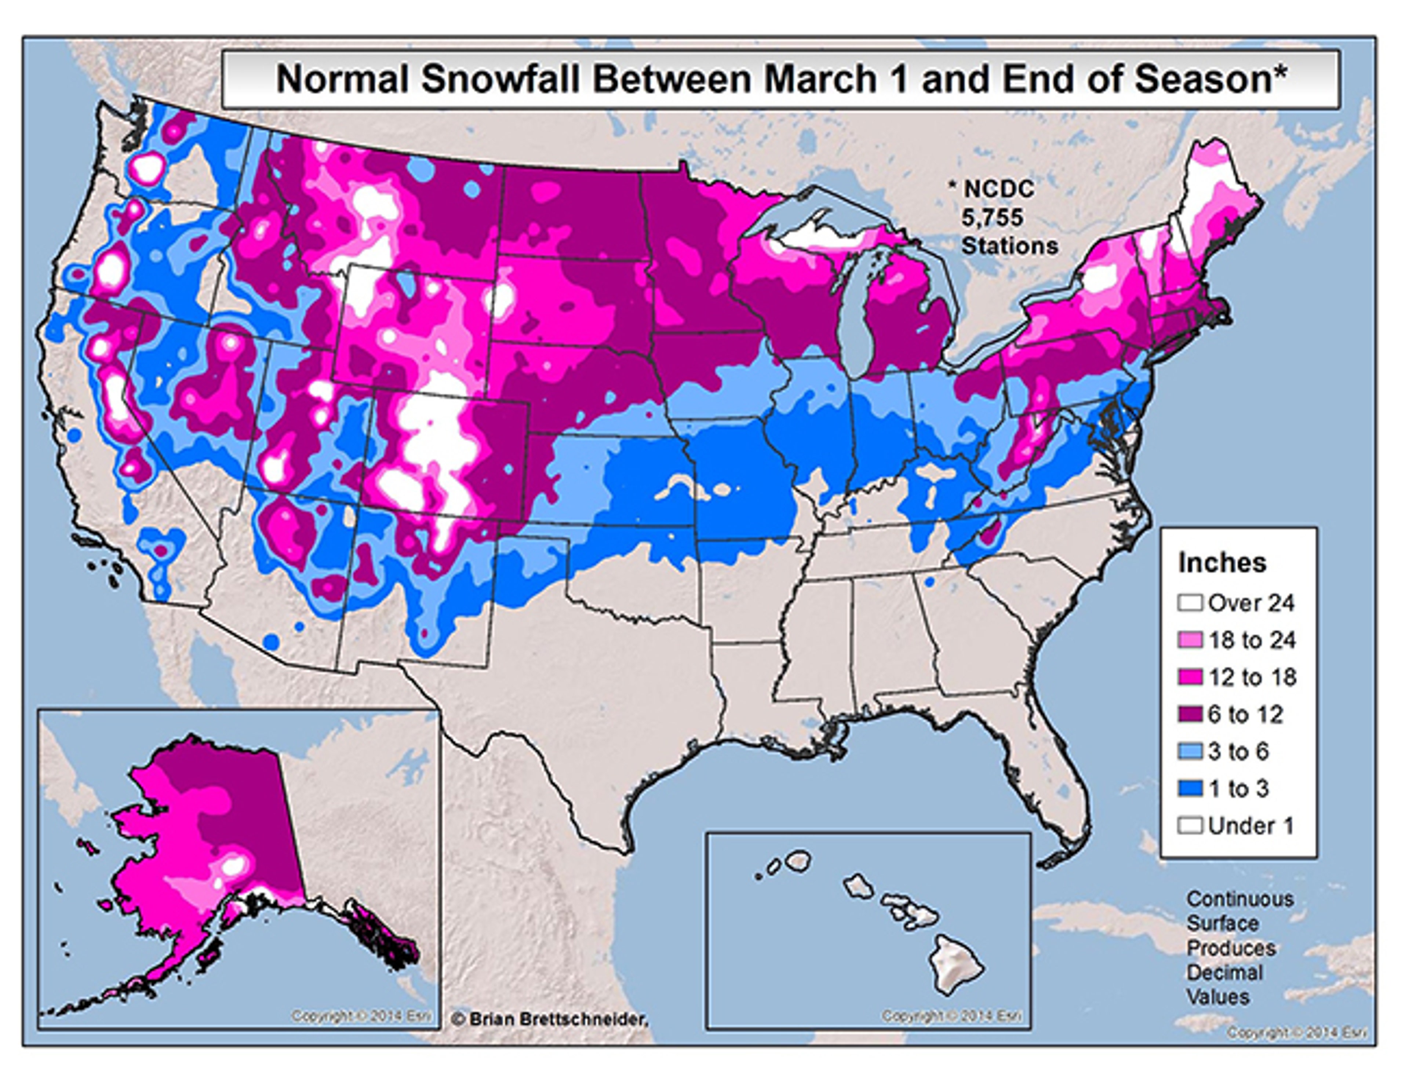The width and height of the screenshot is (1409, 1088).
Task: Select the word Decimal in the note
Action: tap(1224, 972)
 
